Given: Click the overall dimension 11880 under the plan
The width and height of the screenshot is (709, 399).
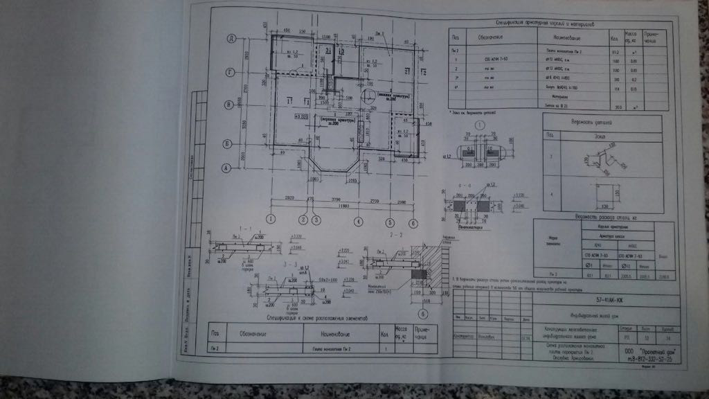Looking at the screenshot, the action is pos(337,206).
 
